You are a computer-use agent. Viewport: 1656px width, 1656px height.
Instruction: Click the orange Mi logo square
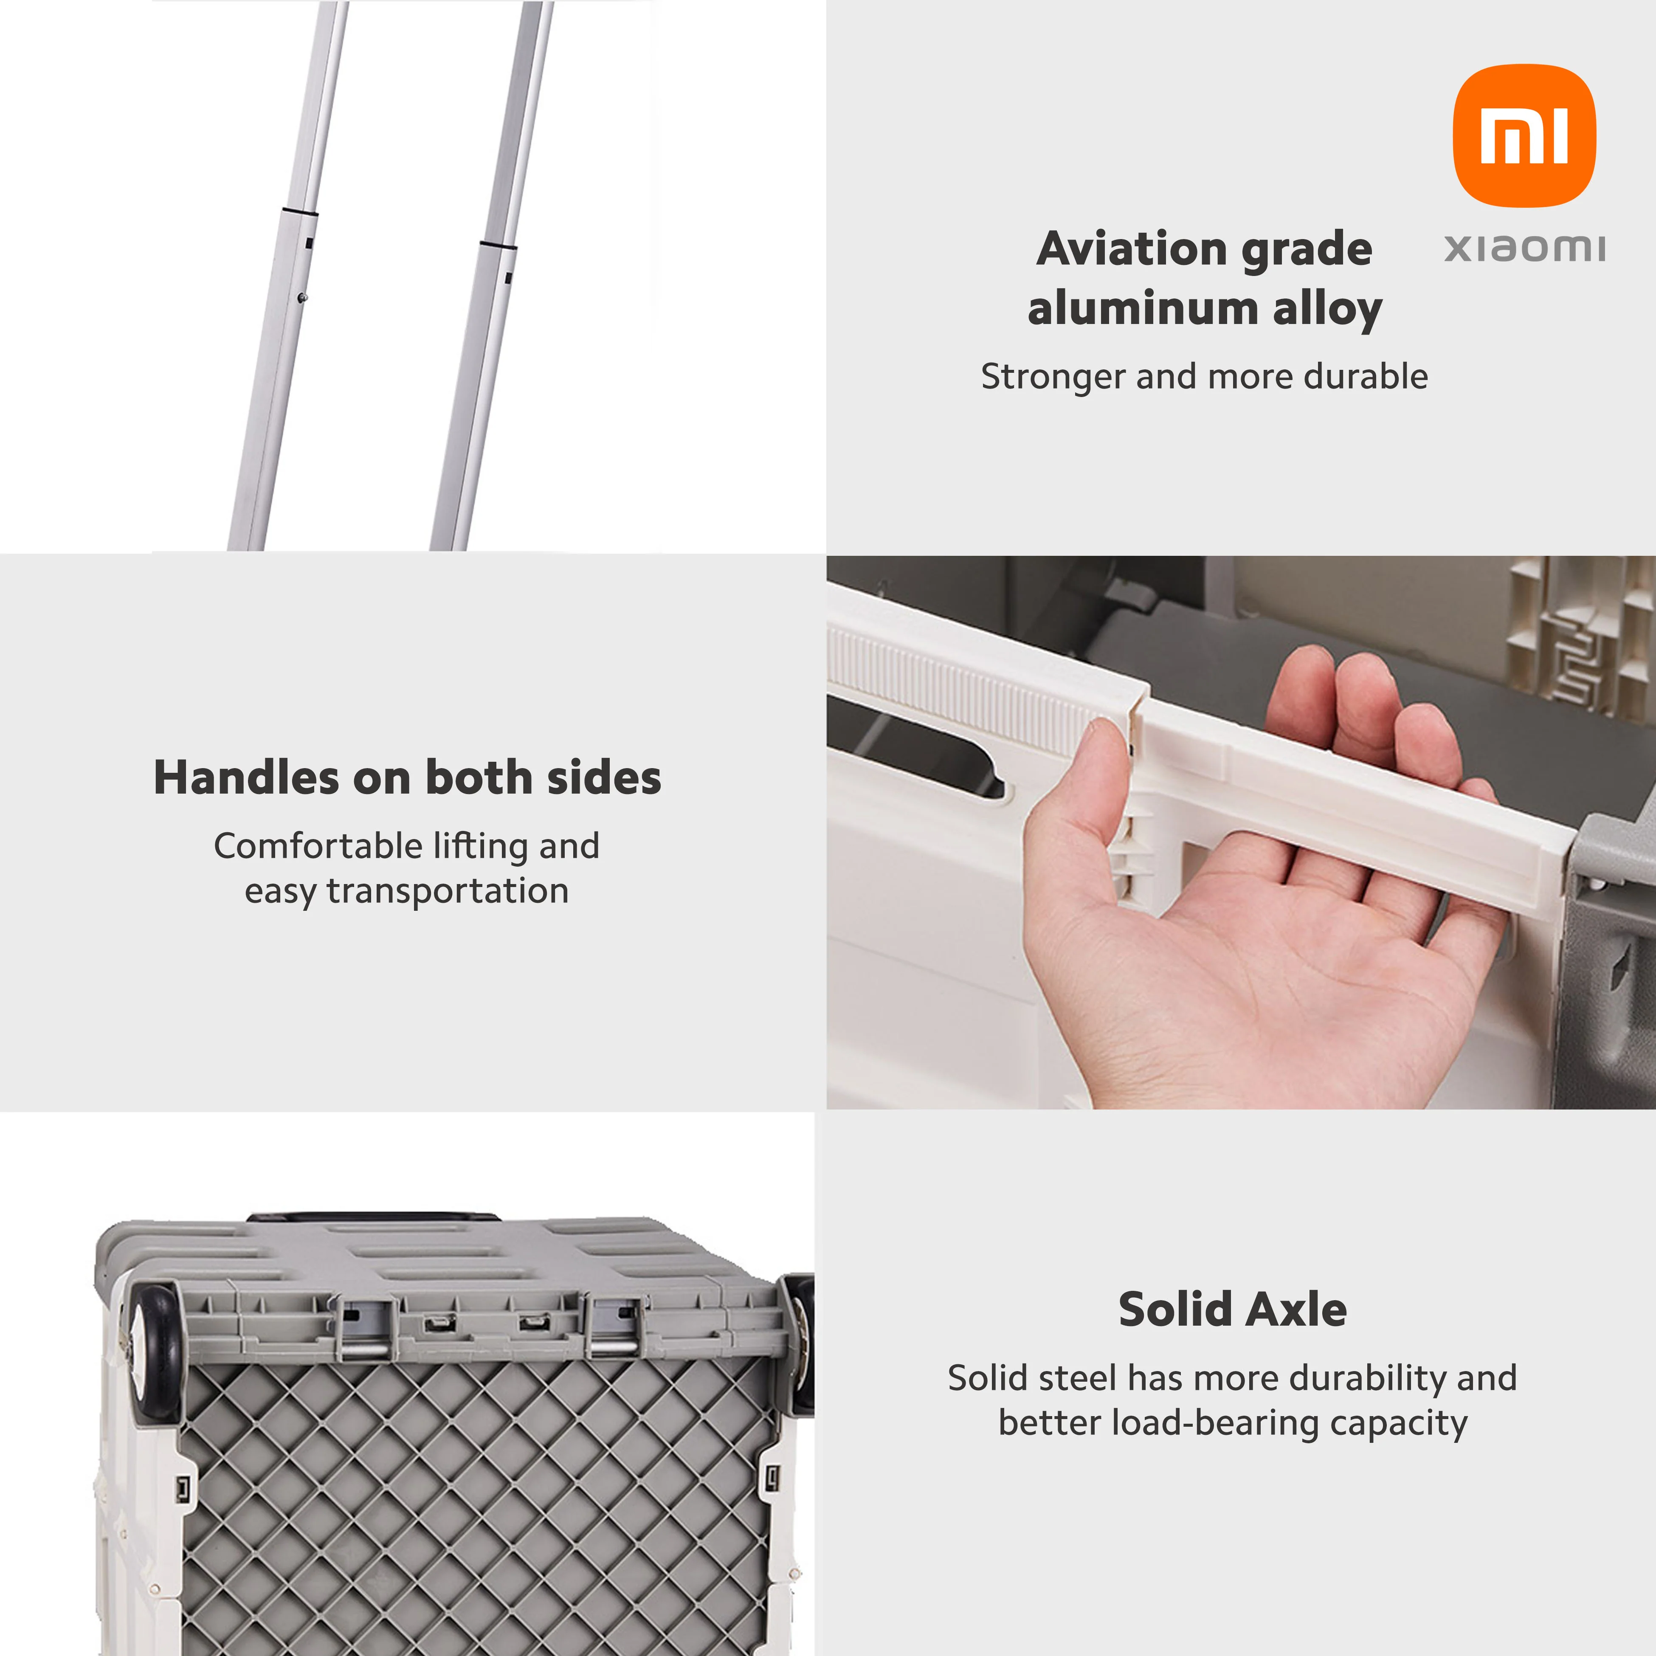1524,135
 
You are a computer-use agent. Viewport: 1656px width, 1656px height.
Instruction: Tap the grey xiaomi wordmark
1524,248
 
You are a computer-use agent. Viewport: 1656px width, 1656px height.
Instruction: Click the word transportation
448,891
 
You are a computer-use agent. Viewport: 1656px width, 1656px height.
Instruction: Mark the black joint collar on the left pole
299,212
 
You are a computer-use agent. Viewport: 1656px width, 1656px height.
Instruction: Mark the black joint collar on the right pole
498,246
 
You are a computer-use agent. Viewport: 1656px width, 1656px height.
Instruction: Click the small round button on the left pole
302,297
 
